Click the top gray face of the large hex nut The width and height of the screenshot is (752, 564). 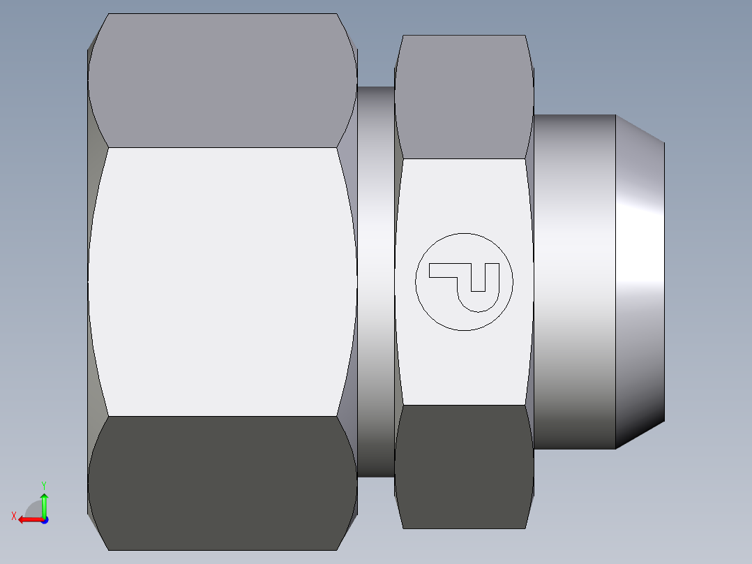[222, 80]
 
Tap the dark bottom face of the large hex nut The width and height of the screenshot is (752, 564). [222, 482]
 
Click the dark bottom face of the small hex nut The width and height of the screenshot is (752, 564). [464, 466]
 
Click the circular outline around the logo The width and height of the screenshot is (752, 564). [416, 281]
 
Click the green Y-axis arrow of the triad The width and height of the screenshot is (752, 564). [44, 503]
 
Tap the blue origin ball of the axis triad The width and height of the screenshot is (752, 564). [44, 519]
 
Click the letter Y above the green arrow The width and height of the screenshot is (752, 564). [43, 484]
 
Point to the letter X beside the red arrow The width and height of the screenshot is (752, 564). [13, 516]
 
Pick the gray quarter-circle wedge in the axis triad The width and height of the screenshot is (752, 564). [34, 510]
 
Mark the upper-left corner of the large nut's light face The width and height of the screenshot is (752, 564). [108, 147]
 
